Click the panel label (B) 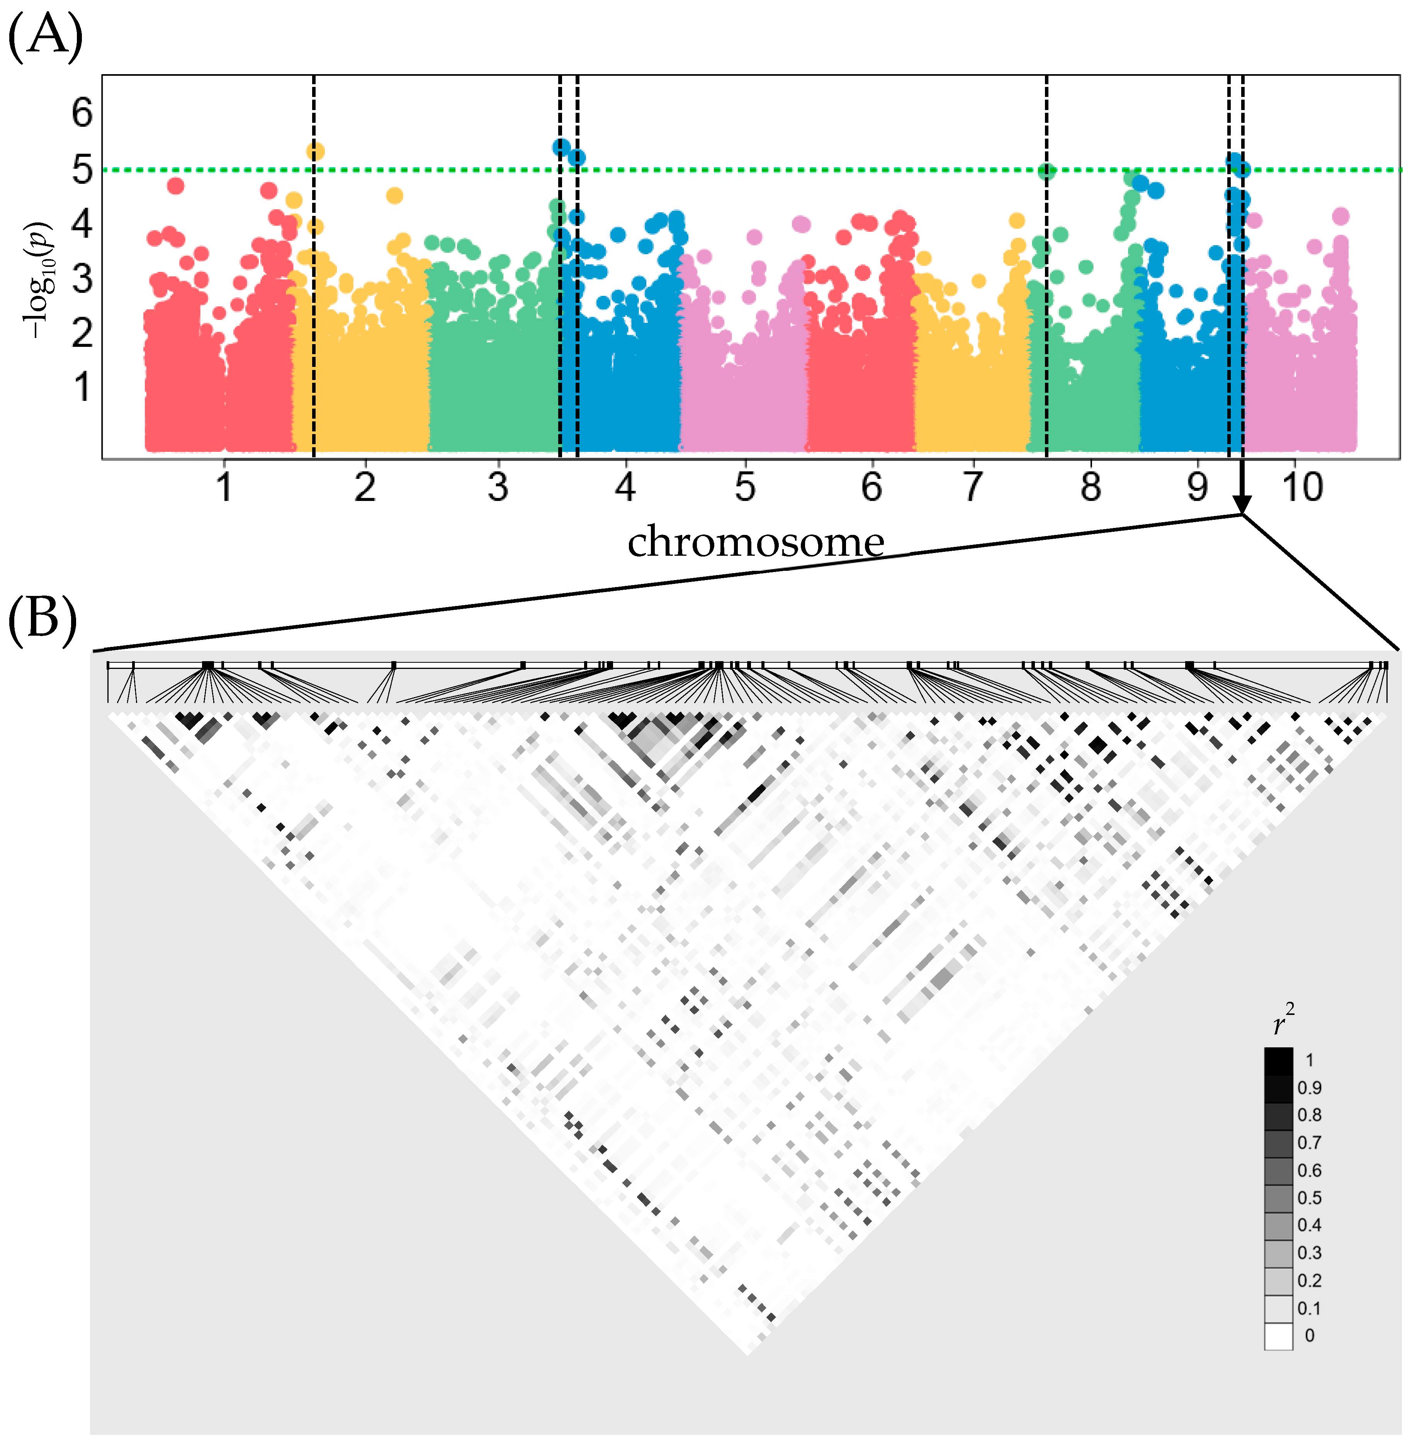tap(42, 619)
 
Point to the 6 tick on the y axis tap(82, 113)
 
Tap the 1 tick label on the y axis tap(82, 387)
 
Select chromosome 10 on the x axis tap(1302, 487)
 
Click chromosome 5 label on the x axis tap(745, 487)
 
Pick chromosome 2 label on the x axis tap(364, 487)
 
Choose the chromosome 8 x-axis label tap(1090, 487)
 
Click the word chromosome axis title tap(755, 542)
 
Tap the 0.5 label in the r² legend tap(1308, 1197)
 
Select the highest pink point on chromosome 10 tap(1340, 216)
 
